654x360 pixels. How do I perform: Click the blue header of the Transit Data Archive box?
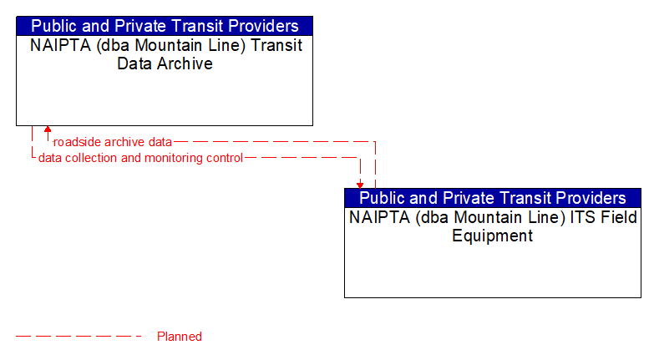pos(165,26)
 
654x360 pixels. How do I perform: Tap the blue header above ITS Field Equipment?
pos(493,198)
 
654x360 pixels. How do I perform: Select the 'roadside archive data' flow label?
pos(113,142)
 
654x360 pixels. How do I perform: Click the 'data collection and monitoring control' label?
pos(140,158)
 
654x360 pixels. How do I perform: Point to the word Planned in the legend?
pos(180,337)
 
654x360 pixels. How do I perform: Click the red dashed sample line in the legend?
pos(79,337)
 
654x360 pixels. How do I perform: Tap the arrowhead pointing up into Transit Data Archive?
pos(48,130)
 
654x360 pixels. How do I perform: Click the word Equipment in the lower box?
pos(493,236)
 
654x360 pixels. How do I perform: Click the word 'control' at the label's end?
pos(224,158)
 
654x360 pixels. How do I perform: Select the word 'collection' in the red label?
pos(91,158)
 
